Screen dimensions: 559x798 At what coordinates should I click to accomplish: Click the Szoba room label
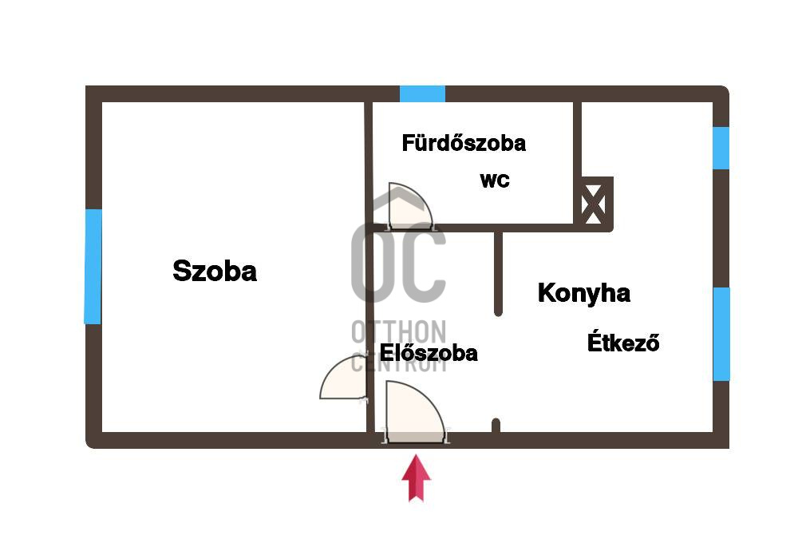(215, 272)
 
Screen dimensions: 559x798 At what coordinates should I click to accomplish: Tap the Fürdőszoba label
(464, 144)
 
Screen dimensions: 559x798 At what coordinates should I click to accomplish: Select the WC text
(494, 180)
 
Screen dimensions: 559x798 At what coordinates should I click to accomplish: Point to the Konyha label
(583, 293)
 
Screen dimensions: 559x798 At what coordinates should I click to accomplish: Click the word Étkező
(623, 343)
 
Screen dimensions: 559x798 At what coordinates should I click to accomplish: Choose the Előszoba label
(429, 353)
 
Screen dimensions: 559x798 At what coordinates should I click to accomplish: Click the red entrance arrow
(416, 478)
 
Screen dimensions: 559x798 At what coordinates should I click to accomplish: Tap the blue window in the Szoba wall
(93, 266)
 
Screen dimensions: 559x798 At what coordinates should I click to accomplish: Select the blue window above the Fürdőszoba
(422, 93)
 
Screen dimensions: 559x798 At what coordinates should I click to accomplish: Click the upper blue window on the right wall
(721, 148)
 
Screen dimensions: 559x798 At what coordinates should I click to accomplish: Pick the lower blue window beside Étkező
(721, 334)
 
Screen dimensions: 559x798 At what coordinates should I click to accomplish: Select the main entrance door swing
(413, 412)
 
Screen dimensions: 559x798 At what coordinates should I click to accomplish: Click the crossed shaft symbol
(594, 204)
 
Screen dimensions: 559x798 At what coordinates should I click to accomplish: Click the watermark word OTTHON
(399, 331)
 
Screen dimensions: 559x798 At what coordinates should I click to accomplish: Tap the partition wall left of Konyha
(498, 272)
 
